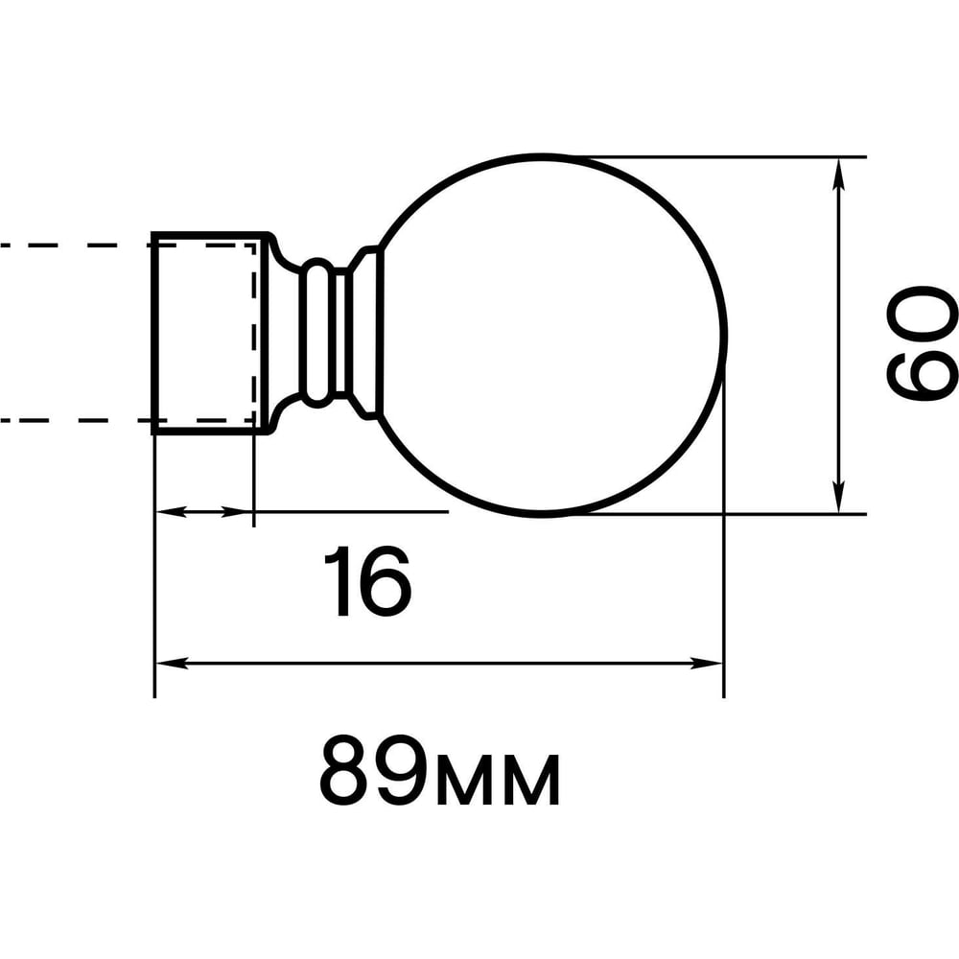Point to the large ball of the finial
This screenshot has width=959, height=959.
click(726, 335)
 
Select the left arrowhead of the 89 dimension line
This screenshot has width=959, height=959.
click(172, 663)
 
